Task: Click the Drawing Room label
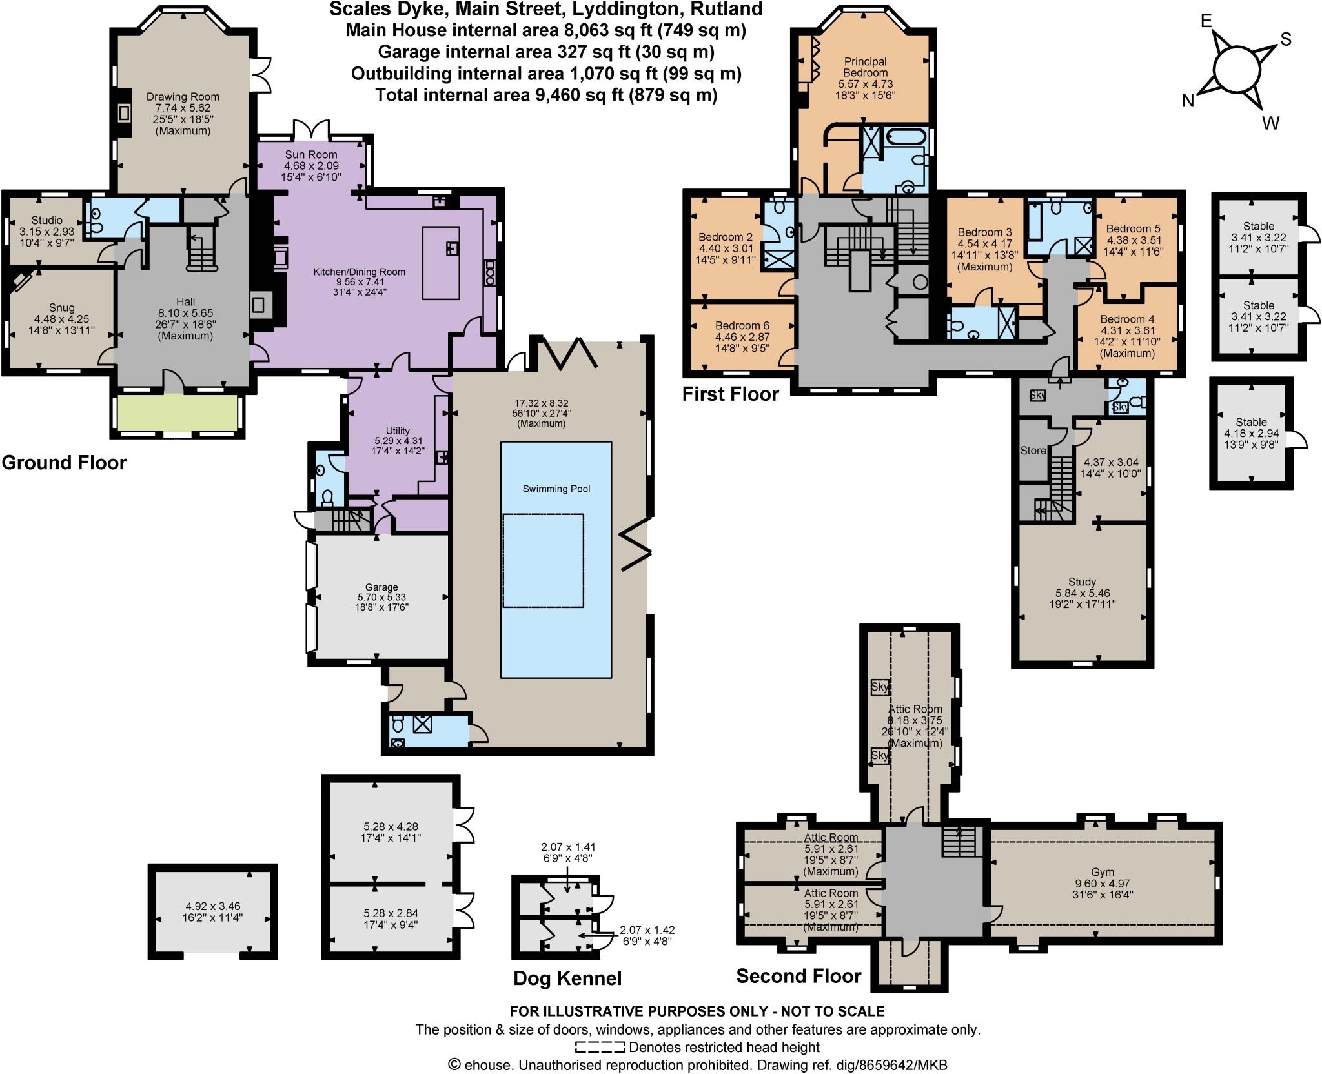coord(183,97)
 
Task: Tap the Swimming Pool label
coord(556,489)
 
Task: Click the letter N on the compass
coord(1188,101)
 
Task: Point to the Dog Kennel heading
coord(567,978)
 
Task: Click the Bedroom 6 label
coord(742,325)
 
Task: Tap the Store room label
coord(1033,451)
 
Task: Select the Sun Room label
coord(311,154)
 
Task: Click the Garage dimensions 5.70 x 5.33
coord(381,597)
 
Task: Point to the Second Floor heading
coord(798,975)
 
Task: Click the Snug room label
coord(61,308)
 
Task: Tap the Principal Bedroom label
coord(865,67)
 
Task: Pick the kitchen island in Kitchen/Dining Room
coord(441,263)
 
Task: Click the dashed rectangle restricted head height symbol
coord(600,1047)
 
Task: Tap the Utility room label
coord(398,431)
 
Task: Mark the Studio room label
coord(47,220)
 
